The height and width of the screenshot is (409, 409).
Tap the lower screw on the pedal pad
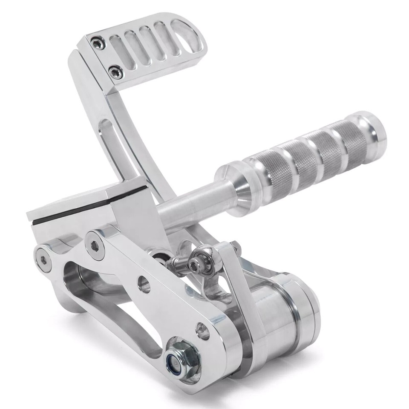[115, 71]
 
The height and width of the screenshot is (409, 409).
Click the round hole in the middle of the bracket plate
[144, 284]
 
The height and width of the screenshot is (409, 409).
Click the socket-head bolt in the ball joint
[196, 265]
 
